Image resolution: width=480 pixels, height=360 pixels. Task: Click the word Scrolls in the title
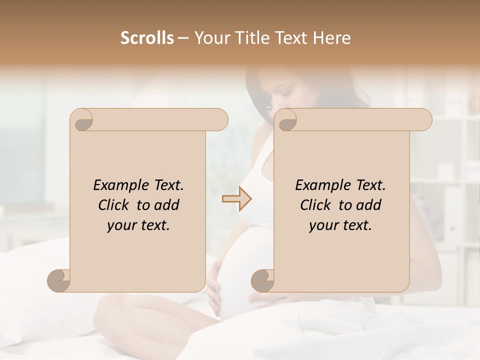pos(147,37)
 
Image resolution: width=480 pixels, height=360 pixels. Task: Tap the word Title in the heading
pos(246,37)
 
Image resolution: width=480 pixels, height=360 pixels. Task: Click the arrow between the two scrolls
pos(236,199)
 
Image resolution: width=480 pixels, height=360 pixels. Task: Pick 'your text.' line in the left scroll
pos(138,225)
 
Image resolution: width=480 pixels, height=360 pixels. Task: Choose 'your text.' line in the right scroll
pos(340,225)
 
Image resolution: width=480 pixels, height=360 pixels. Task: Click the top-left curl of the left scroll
pos(81,120)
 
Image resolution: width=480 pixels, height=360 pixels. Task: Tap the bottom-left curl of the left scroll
pos(58,280)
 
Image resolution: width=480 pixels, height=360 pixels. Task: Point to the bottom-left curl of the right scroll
pos(262,280)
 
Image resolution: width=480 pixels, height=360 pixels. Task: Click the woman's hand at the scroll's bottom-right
pos(265,299)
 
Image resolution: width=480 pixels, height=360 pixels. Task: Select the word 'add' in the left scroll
pos(167,205)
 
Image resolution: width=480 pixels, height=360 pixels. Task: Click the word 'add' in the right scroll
pos(369,205)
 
